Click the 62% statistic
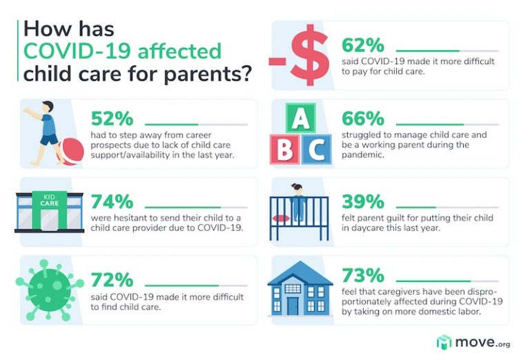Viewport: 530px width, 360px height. click(363, 46)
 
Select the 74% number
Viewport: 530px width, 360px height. click(112, 201)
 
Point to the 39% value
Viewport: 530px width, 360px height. click(363, 201)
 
